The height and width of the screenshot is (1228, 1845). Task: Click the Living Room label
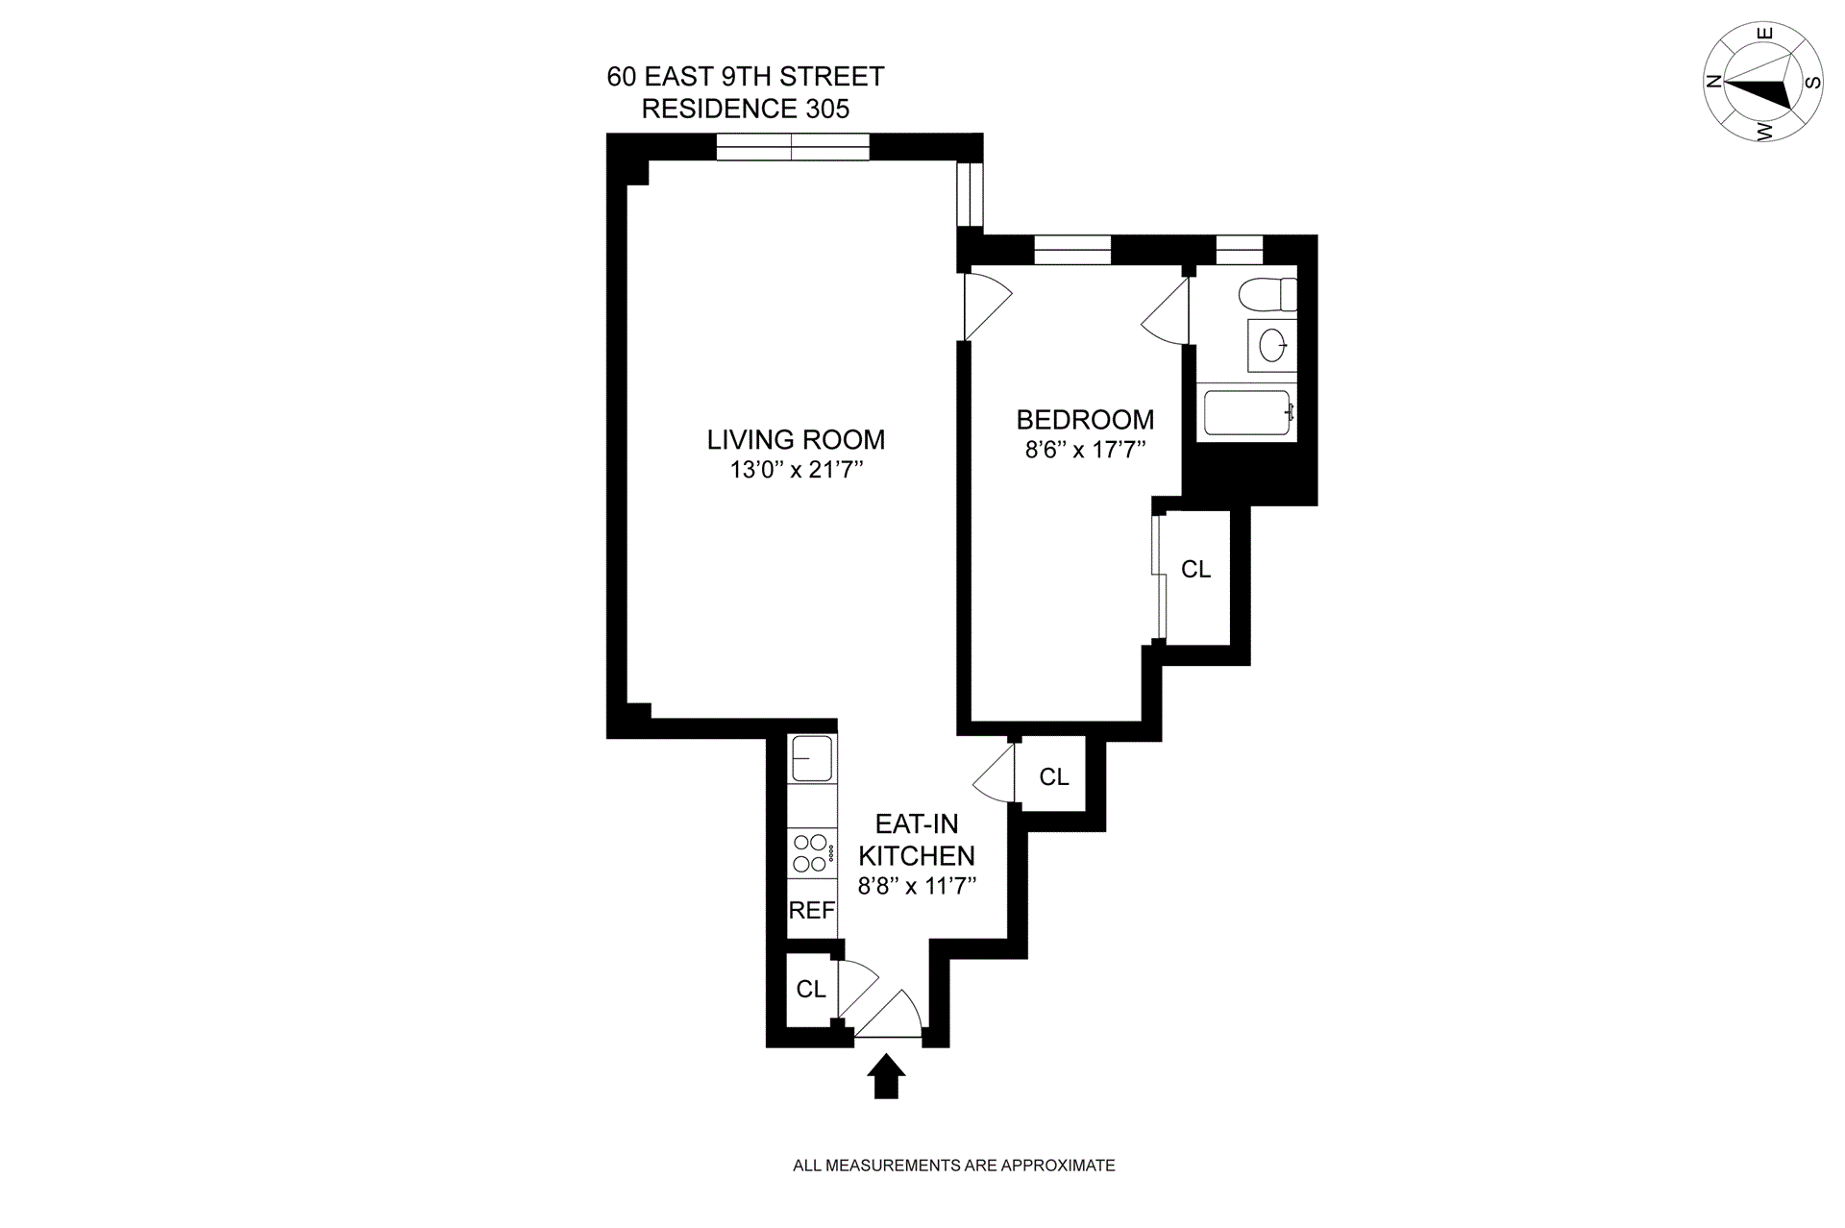point(796,440)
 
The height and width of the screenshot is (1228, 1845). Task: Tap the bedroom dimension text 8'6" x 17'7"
point(1085,450)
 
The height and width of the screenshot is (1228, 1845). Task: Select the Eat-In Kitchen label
point(916,840)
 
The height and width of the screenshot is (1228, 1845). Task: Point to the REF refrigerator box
point(812,910)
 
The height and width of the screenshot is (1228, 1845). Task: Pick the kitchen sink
point(811,759)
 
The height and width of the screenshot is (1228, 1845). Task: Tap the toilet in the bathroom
point(1267,294)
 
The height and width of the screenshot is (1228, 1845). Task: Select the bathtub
point(1247,413)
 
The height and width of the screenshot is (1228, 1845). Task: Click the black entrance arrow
point(886,1076)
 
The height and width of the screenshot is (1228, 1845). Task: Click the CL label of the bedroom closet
point(1195,570)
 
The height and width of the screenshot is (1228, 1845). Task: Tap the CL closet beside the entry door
point(811,989)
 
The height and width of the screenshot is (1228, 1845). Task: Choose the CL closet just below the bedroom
point(1053,776)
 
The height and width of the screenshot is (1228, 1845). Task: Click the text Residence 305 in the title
point(745,109)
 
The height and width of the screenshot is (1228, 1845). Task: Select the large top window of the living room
point(793,147)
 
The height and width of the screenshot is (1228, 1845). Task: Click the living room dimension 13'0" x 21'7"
point(796,471)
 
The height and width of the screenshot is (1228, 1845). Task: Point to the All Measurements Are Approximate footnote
point(953,1166)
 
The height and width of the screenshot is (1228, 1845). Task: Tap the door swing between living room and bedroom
point(986,306)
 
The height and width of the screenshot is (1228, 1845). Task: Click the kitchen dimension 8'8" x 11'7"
point(917,886)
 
